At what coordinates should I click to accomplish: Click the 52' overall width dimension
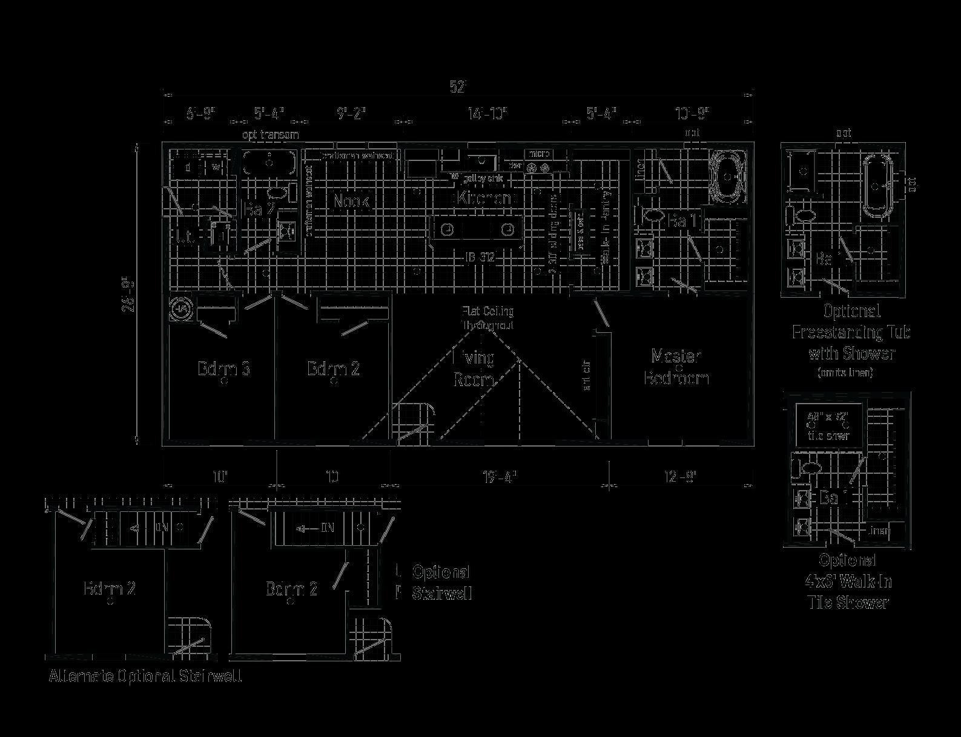click(458, 87)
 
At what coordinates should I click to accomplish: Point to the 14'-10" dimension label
click(487, 114)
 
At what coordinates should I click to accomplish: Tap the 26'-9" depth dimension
click(128, 294)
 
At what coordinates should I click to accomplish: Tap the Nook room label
click(351, 201)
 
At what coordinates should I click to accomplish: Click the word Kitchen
click(484, 198)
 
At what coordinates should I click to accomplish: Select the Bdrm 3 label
click(224, 368)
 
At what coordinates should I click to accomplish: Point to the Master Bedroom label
click(676, 367)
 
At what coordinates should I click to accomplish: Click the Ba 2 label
click(260, 209)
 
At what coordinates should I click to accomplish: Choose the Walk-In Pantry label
click(605, 228)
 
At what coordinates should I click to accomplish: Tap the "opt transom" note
click(270, 134)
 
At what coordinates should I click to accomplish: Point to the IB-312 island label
click(480, 258)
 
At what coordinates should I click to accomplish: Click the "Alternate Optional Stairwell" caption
click(145, 676)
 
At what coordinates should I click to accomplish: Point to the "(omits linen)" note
click(845, 373)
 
